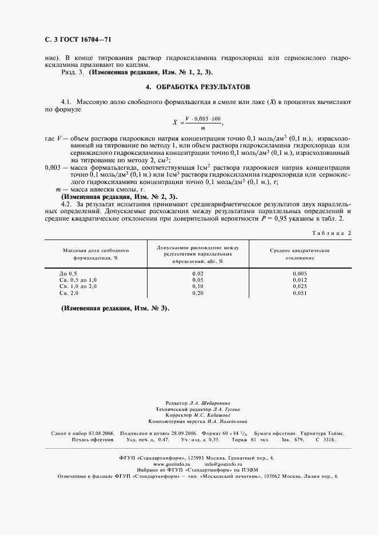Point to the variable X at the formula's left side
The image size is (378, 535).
coord(175,122)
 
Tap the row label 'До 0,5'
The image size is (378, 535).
coord(67,274)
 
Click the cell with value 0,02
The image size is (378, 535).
coord(198,274)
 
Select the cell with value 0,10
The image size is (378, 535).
coord(198,286)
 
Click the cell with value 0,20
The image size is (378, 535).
coord(198,293)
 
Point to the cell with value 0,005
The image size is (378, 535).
coord(299,274)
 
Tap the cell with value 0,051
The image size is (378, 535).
coord(299,293)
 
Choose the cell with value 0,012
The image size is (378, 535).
coord(299,280)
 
